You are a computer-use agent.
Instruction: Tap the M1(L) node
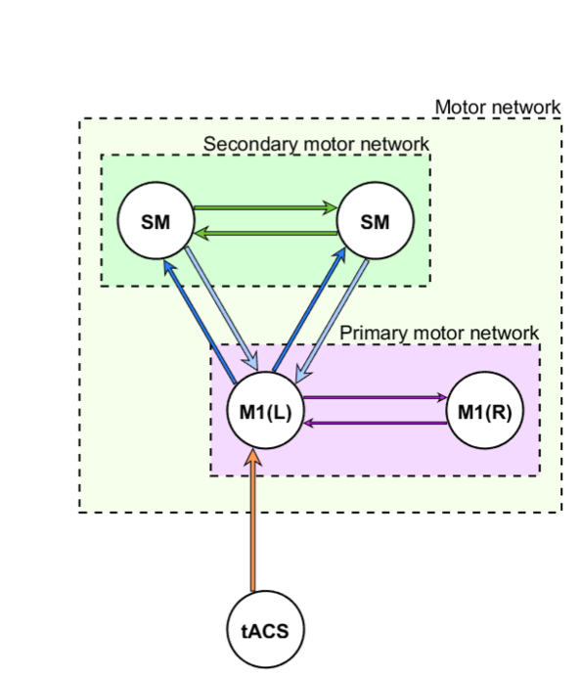tap(265, 410)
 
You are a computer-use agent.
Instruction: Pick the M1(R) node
tap(485, 410)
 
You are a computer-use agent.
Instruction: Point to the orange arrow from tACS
tap(253, 519)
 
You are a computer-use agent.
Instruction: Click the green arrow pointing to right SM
tap(265, 207)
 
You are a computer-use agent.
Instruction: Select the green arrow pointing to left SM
tap(265, 234)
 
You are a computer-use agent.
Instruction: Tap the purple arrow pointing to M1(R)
tap(376, 397)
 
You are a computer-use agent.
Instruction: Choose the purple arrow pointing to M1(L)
tap(376, 423)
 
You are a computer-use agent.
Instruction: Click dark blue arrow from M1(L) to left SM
tap(200, 321)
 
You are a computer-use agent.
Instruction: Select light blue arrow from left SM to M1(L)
tap(221, 308)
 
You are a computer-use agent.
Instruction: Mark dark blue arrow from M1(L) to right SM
tap(309, 309)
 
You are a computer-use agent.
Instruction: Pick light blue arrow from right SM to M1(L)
tap(332, 321)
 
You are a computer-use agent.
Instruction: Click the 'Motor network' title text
tap(498, 107)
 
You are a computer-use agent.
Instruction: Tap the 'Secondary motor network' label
tap(316, 144)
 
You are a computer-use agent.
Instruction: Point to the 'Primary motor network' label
tap(439, 334)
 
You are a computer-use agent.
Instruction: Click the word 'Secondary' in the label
tap(250, 144)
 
